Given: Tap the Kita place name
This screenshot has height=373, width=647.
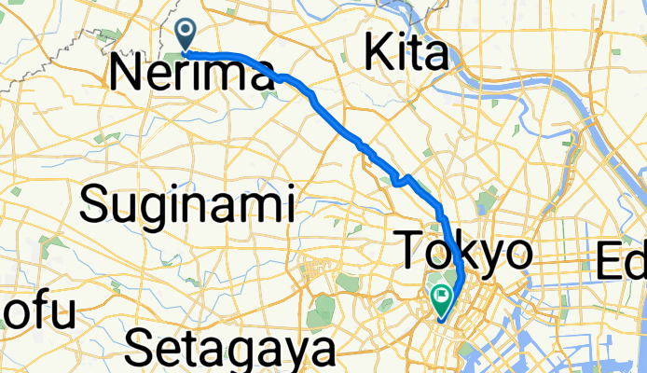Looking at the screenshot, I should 406,55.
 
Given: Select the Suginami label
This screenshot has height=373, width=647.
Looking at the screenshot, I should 186,203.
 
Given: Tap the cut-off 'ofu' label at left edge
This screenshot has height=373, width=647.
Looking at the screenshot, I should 37,314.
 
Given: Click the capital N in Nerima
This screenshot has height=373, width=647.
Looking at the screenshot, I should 126,74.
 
